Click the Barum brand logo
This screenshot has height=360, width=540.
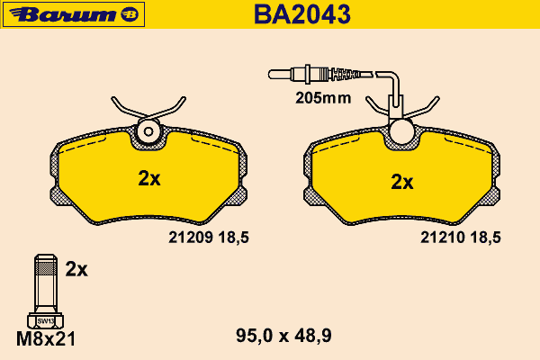point(74,14)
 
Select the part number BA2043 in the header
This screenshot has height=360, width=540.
point(302,14)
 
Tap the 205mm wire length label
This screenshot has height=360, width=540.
point(323,98)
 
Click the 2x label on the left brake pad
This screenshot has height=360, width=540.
point(149,178)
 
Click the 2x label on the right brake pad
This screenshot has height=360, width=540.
point(402,182)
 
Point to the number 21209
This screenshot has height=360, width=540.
point(191,238)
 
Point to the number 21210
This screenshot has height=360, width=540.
point(443,238)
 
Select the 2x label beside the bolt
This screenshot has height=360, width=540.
point(76,269)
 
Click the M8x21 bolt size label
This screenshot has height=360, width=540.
point(46,339)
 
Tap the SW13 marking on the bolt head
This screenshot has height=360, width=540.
point(46,321)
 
